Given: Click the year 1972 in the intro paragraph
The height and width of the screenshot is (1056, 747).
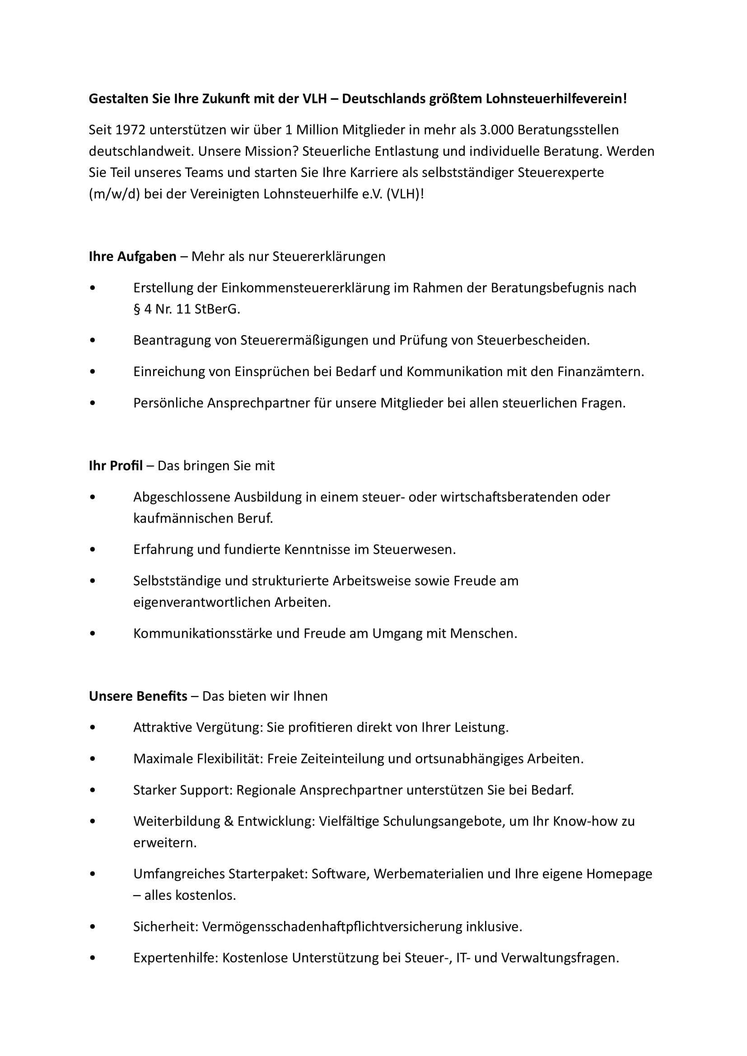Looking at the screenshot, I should point(130,130).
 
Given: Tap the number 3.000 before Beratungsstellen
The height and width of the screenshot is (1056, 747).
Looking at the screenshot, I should point(496,130).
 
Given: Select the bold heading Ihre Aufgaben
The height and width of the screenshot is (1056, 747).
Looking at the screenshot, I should point(132,256).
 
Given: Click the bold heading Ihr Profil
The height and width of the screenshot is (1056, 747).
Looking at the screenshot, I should point(116,466).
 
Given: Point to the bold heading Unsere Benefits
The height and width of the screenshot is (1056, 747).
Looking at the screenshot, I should point(138,696).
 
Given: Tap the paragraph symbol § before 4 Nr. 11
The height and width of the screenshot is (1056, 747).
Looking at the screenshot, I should point(136,309).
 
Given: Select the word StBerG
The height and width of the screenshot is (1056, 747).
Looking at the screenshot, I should point(217,309).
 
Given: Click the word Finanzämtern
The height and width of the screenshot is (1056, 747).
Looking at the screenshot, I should point(600,372).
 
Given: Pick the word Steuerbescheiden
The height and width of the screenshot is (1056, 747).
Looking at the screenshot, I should point(532,340).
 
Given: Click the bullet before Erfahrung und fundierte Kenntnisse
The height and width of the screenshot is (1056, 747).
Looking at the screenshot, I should point(93,550).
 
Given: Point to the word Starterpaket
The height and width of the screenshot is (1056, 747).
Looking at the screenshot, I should point(268,874).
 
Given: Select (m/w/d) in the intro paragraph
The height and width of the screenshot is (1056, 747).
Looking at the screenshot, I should point(114,194).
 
